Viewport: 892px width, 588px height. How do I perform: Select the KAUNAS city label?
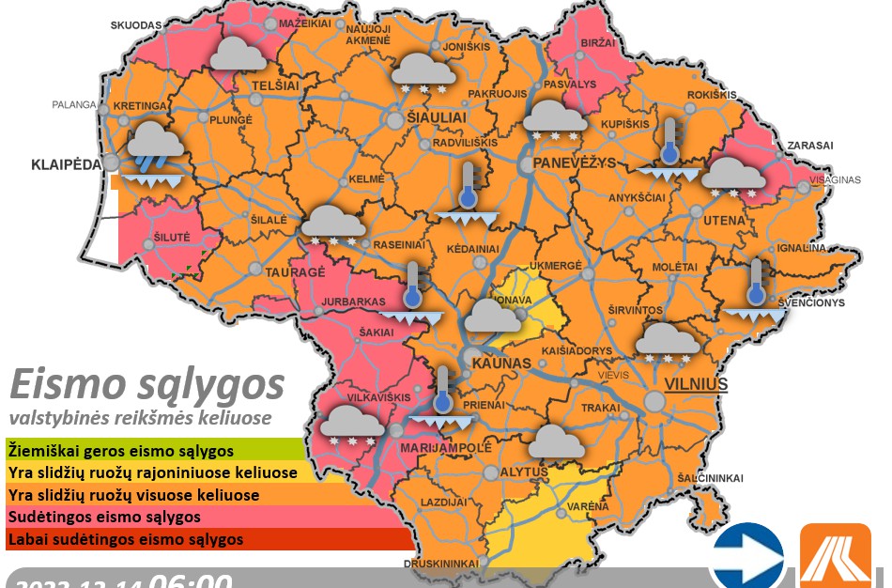click(x=501, y=363)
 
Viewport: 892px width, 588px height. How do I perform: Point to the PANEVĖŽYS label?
click(x=574, y=162)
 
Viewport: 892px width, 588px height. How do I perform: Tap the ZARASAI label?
click(x=811, y=147)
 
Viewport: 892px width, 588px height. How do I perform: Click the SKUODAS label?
click(x=136, y=24)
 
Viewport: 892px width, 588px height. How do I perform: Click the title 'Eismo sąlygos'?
click(x=146, y=384)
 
